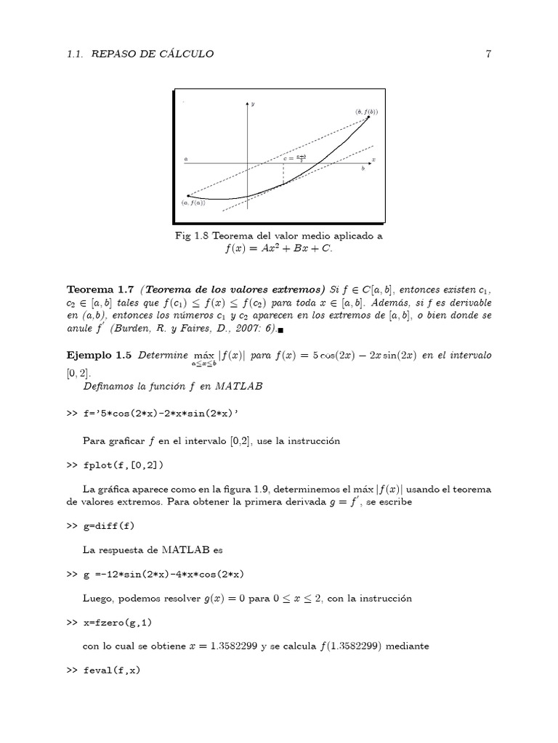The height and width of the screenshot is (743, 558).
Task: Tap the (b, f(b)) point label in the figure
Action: tap(366, 112)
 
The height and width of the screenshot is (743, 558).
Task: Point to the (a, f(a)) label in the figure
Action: tap(193, 203)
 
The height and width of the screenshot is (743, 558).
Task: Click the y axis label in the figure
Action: tap(253, 104)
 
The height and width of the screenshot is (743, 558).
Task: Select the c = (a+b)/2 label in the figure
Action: tap(294, 157)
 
